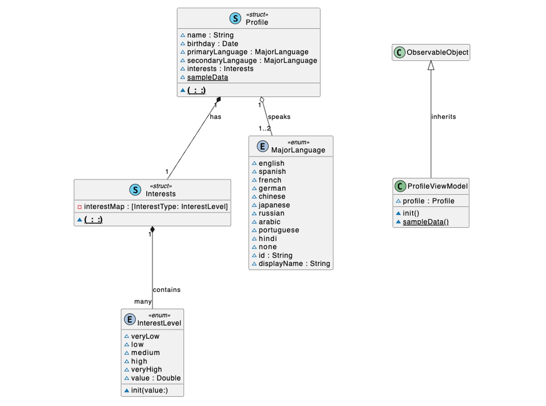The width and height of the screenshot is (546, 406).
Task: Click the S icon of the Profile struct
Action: click(x=235, y=18)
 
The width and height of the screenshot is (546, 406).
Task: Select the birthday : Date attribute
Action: click(x=212, y=44)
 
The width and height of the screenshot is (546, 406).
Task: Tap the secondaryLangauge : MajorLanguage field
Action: click(x=252, y=61)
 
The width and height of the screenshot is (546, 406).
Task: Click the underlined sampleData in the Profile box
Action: click(x=207, y=77)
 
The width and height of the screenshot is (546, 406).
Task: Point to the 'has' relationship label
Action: click(x=215, y=117)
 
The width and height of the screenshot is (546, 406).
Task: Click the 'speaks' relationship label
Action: click(x=279, y=117)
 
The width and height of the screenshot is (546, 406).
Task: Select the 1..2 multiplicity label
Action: click(x=265, y=129)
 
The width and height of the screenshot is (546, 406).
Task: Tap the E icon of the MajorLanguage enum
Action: click(x=262, y=146)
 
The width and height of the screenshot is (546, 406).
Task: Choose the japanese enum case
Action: click(x=274, y=205)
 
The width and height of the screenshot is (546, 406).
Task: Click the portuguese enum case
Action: click(x=278, y=230)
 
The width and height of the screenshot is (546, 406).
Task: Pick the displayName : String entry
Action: click(x=294, y=264)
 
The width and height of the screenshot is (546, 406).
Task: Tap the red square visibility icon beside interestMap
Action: click(x=79, y=207)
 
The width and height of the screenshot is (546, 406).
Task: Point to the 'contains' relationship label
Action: click(x=166, y=290)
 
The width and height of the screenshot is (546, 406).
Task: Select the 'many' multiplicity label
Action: click(x=143, y=302)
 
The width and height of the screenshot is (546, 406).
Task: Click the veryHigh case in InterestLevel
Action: click(x=146, y=369)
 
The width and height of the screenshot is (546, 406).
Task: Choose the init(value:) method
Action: click(x=149, y=390)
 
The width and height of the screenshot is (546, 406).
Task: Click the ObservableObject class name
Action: click(x=437, y=53)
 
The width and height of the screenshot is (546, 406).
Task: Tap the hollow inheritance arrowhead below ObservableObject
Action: click(x=431, y=66)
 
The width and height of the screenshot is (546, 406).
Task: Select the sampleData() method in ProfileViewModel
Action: click(x=425, y=222)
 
